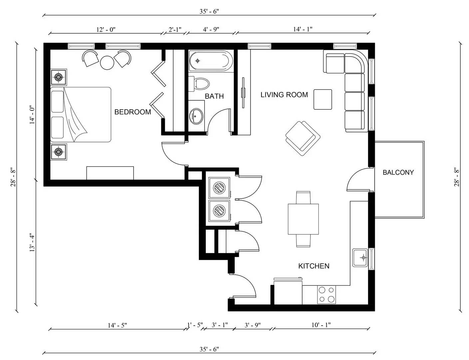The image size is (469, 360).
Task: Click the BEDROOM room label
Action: coord(133,112)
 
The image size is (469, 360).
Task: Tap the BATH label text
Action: coord(214,96)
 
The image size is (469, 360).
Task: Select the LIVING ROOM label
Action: coord(284,95)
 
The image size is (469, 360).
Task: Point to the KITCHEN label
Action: coord(313,266)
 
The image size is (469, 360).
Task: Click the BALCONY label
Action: coord(398,172)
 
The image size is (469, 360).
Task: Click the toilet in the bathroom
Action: coord(199,84)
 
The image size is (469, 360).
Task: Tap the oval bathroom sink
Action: coord(196,116)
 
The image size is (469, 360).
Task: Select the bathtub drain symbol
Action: coord(198,61)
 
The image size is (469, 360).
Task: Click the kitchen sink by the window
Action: coord(360,258)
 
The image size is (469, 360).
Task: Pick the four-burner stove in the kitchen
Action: coord(326,295)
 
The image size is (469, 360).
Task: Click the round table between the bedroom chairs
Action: coord(107,63)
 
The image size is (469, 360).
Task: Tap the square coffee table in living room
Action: coord(323,99)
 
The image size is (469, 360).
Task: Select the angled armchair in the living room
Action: coord(302,138)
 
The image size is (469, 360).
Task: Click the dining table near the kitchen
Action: coord(303,219)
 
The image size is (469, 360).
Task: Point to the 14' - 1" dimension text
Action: coord(302,29)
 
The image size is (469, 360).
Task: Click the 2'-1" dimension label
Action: coord(175,29)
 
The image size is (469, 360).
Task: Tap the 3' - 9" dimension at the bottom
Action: coord(252,325)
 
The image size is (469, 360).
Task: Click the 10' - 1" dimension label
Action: coord(321,325)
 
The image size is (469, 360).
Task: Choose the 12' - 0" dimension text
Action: coord(106,29)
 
